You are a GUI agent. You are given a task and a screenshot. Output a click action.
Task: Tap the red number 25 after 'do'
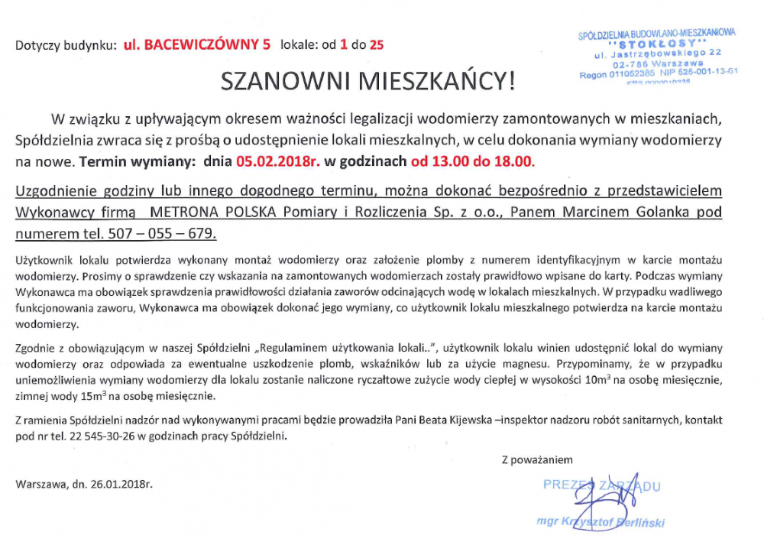[x=377, y=44]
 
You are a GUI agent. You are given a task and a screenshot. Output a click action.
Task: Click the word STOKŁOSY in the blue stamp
[x=659, y=43]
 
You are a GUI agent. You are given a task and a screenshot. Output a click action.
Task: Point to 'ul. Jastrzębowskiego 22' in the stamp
[x=659, y=53]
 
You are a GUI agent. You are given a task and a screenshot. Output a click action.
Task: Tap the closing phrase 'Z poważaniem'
[x=537, y=459]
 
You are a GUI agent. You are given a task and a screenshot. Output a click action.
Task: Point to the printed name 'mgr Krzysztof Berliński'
[x=601, y=521]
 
